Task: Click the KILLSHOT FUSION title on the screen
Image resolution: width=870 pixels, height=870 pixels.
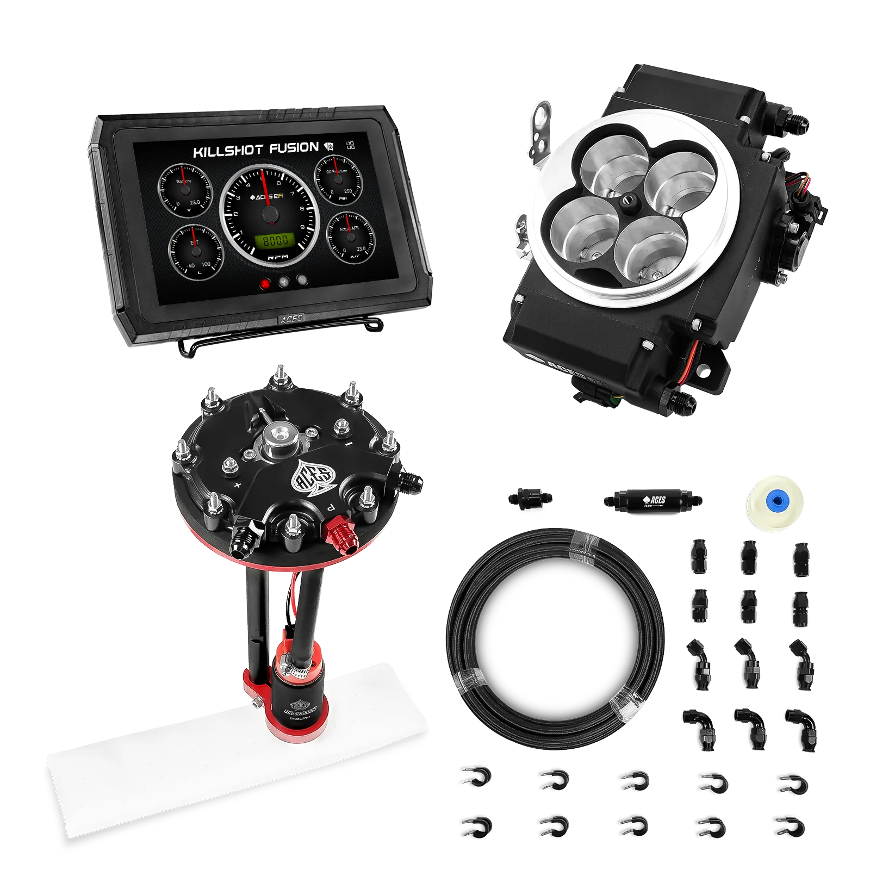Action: click(256, 149)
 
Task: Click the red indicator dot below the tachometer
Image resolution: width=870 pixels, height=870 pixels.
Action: click(266, 283)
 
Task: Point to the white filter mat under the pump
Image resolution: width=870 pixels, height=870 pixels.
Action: click(217, 761)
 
